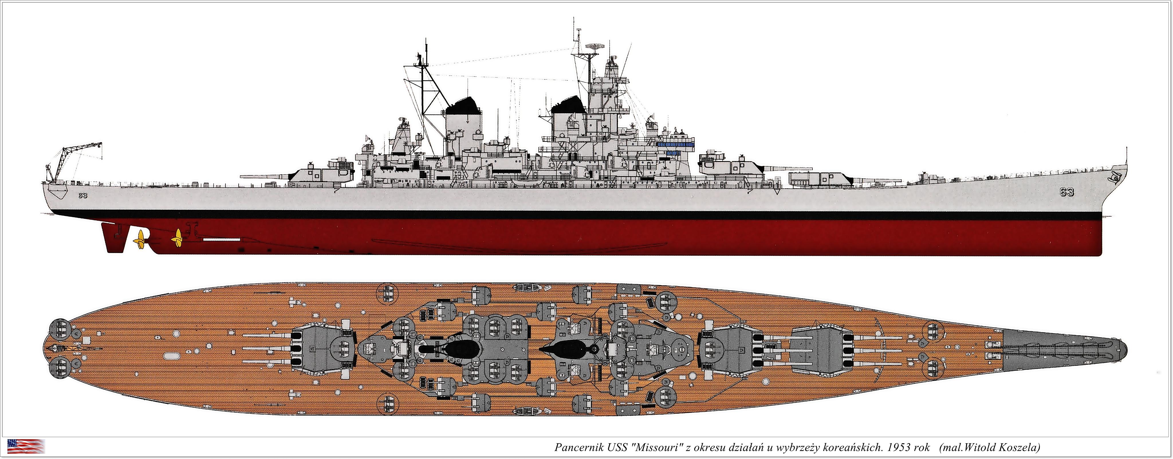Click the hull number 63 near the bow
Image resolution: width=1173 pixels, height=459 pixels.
point(1066,192)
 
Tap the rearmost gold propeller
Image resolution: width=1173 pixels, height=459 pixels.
point(140,238)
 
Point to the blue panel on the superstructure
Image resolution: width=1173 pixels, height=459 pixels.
point(676,144)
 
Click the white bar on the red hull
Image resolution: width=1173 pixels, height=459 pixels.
point(222,239)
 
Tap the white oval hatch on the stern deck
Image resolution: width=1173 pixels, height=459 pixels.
point(170,355)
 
